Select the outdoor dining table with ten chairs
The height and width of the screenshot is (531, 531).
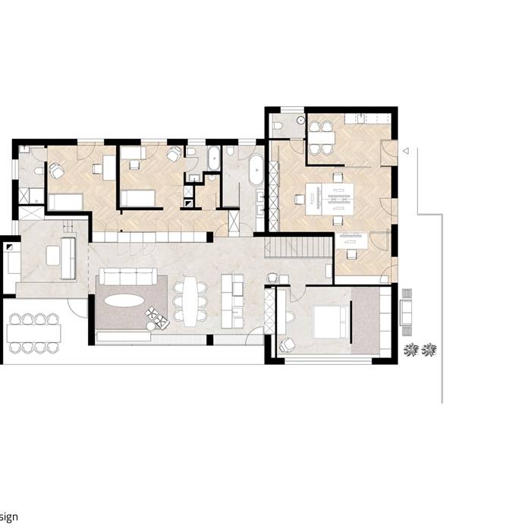point(33,333)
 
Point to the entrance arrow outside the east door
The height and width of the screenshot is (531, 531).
point(405,151)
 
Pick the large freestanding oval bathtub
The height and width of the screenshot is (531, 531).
point(253,171)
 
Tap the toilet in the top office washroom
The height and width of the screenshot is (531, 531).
point(280,125)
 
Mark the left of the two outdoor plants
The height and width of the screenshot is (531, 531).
point(411,350)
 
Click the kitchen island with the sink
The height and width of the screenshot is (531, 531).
point(232,301)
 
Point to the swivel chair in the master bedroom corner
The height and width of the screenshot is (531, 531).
point(287,344)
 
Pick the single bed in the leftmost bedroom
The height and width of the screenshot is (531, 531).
point(65,202)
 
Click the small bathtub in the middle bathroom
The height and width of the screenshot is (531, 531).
point(212,159)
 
